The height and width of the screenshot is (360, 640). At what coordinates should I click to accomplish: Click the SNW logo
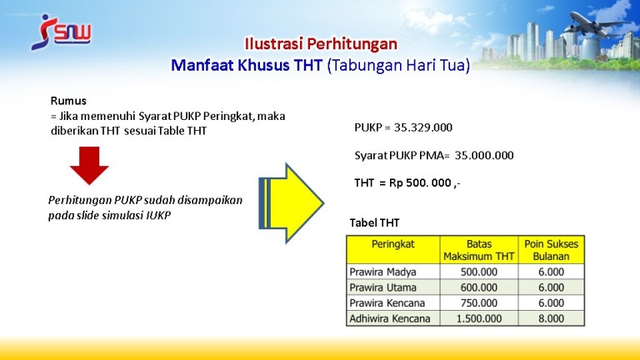click(x=61, y=32)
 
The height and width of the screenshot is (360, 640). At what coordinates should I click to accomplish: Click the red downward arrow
click(x=89, y=165)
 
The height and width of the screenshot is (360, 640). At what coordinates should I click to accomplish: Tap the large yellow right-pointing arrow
click(x=291, y=203)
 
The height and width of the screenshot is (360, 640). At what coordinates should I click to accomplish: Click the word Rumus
click(x=68, y=101)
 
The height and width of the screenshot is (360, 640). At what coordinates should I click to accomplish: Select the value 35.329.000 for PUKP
click(x=422, y=127)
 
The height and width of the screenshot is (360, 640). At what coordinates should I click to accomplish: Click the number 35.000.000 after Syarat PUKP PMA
click(x=484, y=155)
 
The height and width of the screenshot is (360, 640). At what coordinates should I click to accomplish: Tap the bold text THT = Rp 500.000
click(x=407, y=182)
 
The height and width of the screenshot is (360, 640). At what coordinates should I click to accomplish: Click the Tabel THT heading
click(x=374, y=222)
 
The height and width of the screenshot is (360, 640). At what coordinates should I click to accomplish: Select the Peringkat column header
click(x=392, y=244)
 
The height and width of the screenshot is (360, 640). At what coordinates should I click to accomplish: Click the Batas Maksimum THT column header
click(x=479, y=250)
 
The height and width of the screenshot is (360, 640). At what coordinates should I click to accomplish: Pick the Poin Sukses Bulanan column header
click(x=551, y=250)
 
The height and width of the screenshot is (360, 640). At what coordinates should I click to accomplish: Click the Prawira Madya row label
click(x=382, y=272)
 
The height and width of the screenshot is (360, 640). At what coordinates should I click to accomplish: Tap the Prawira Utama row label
click(x=382, y=287)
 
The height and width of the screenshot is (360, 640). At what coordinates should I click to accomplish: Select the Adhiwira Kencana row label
click(x=390, y=318)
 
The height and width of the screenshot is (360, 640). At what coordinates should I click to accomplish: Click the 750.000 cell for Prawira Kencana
click(x=479, y=302)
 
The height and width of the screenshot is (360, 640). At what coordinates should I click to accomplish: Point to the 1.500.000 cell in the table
click(x=479, y=318)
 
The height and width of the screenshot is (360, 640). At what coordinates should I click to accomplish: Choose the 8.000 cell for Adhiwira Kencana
click(x=551, y=318)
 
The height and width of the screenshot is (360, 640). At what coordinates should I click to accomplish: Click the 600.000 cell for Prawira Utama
click(x=479, y=287)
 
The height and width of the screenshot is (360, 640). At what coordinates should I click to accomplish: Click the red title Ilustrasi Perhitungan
click(x=321, y=43)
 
